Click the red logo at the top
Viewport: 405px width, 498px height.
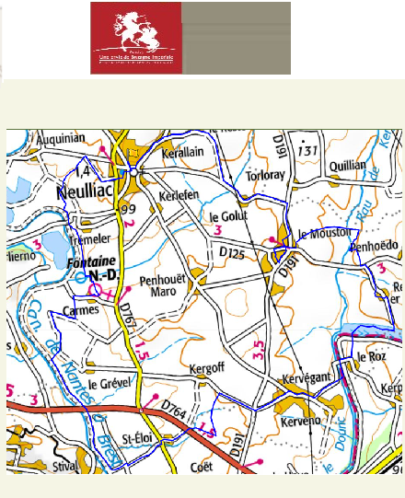(136, 38)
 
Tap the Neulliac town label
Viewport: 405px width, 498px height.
(86, 192)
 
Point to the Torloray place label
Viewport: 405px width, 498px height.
(270, 176)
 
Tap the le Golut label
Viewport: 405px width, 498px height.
(230, 216)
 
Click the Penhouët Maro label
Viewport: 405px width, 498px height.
(163, 284)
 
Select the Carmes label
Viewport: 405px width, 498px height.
(80, 310)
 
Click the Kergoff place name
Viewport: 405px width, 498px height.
(206, 369)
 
